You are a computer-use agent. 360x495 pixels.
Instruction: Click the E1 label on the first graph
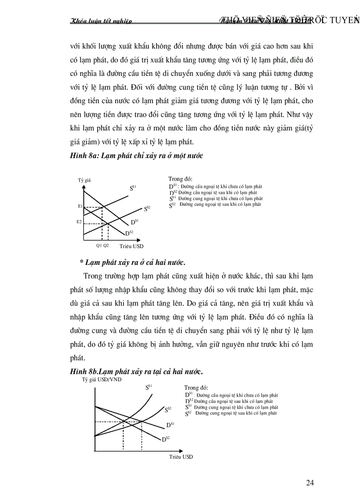coord(80,206)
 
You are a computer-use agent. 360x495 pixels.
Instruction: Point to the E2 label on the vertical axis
coord(79,222)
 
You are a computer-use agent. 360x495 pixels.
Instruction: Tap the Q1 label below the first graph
coord(99,246)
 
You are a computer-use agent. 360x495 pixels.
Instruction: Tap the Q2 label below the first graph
coord(106,246)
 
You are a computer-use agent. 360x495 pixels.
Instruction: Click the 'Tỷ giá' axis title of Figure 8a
coord(84,180)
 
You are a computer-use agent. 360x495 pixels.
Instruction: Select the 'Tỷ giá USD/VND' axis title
coord(102,379)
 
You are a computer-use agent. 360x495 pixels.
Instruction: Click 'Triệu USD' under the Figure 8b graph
coord(181,457)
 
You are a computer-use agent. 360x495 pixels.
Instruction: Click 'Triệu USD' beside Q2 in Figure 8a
coord(131,246)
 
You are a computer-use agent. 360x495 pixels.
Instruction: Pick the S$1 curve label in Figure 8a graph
coord(133,188)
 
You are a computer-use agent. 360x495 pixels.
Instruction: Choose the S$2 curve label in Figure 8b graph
coord(168,409)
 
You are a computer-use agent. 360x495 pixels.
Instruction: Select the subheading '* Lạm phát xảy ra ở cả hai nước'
coord(132,262)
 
